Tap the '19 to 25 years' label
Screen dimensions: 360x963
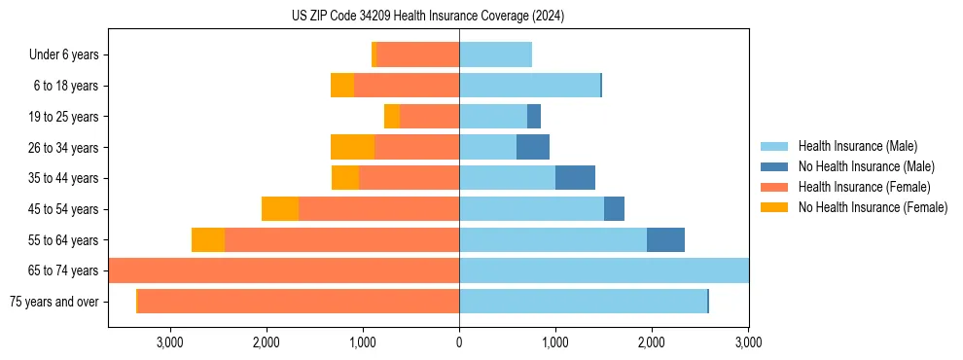(64, 117)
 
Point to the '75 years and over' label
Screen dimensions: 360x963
(53, 302)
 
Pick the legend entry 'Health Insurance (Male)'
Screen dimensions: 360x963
(857, 146)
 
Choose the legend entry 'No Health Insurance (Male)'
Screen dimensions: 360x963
(866, 166)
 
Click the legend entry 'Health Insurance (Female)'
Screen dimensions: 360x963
(864, 187)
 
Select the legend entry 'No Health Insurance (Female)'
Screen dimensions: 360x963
(873, 207)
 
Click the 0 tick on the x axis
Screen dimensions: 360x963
(459, 342)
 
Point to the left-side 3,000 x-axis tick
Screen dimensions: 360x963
(170, 342)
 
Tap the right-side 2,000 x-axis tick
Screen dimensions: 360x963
(651, 342)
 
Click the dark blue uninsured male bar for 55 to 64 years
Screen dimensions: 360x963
(665, 239)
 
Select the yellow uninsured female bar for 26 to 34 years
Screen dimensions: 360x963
(352, 147)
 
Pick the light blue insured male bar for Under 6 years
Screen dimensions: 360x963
(495, 54)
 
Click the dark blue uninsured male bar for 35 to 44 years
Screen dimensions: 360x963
(575, 178)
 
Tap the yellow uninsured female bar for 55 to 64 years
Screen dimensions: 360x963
(208, 239)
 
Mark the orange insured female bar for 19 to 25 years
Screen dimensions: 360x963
(429, 117)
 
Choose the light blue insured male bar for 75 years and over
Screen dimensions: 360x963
(583, 302)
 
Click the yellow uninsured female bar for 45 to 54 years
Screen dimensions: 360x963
(280, 209)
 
